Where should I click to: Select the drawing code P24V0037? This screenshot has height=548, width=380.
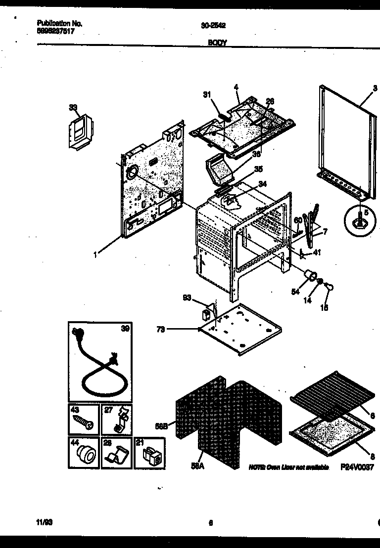click(x=357, y=466)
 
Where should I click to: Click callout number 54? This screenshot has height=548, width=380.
click(x=295, y=292)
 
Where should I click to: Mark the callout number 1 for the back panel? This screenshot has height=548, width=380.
click(x=95, y=255)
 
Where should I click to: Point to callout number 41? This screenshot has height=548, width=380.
click(x=317, y=252)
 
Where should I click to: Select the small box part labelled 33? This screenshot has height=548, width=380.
click(x=79, y=131)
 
